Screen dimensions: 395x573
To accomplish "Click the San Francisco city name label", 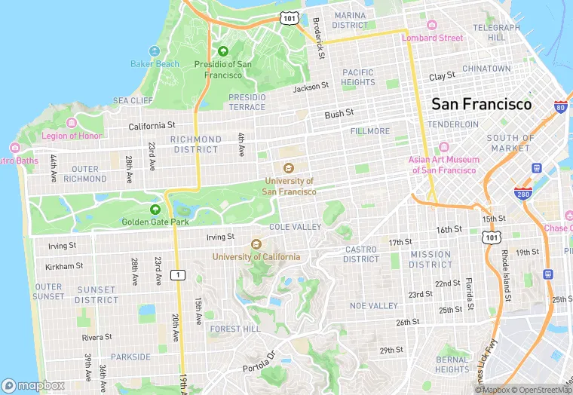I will point(481,104).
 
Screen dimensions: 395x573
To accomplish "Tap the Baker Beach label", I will point(155,64).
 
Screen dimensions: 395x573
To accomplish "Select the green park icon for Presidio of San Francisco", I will point(222,51).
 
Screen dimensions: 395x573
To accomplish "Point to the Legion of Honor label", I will point(72,136).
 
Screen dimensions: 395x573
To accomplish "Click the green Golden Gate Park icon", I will point(155,209).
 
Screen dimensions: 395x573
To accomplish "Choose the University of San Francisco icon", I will point(287,168).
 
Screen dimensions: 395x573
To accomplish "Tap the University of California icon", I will point(256,244).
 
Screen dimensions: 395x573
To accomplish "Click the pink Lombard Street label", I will point(432,38).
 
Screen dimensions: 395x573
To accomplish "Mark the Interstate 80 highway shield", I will point(560,106).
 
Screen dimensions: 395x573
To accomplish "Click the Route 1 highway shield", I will point(178,274).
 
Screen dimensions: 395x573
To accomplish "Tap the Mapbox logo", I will point(33,384).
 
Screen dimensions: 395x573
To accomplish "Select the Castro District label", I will point(361,254).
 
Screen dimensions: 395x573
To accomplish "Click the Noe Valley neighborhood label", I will point(374,305).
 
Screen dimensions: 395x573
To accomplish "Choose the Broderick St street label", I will point(319,38).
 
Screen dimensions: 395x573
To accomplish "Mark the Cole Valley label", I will point(296,227).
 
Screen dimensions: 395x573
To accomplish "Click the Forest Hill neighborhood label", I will point(235,329).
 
